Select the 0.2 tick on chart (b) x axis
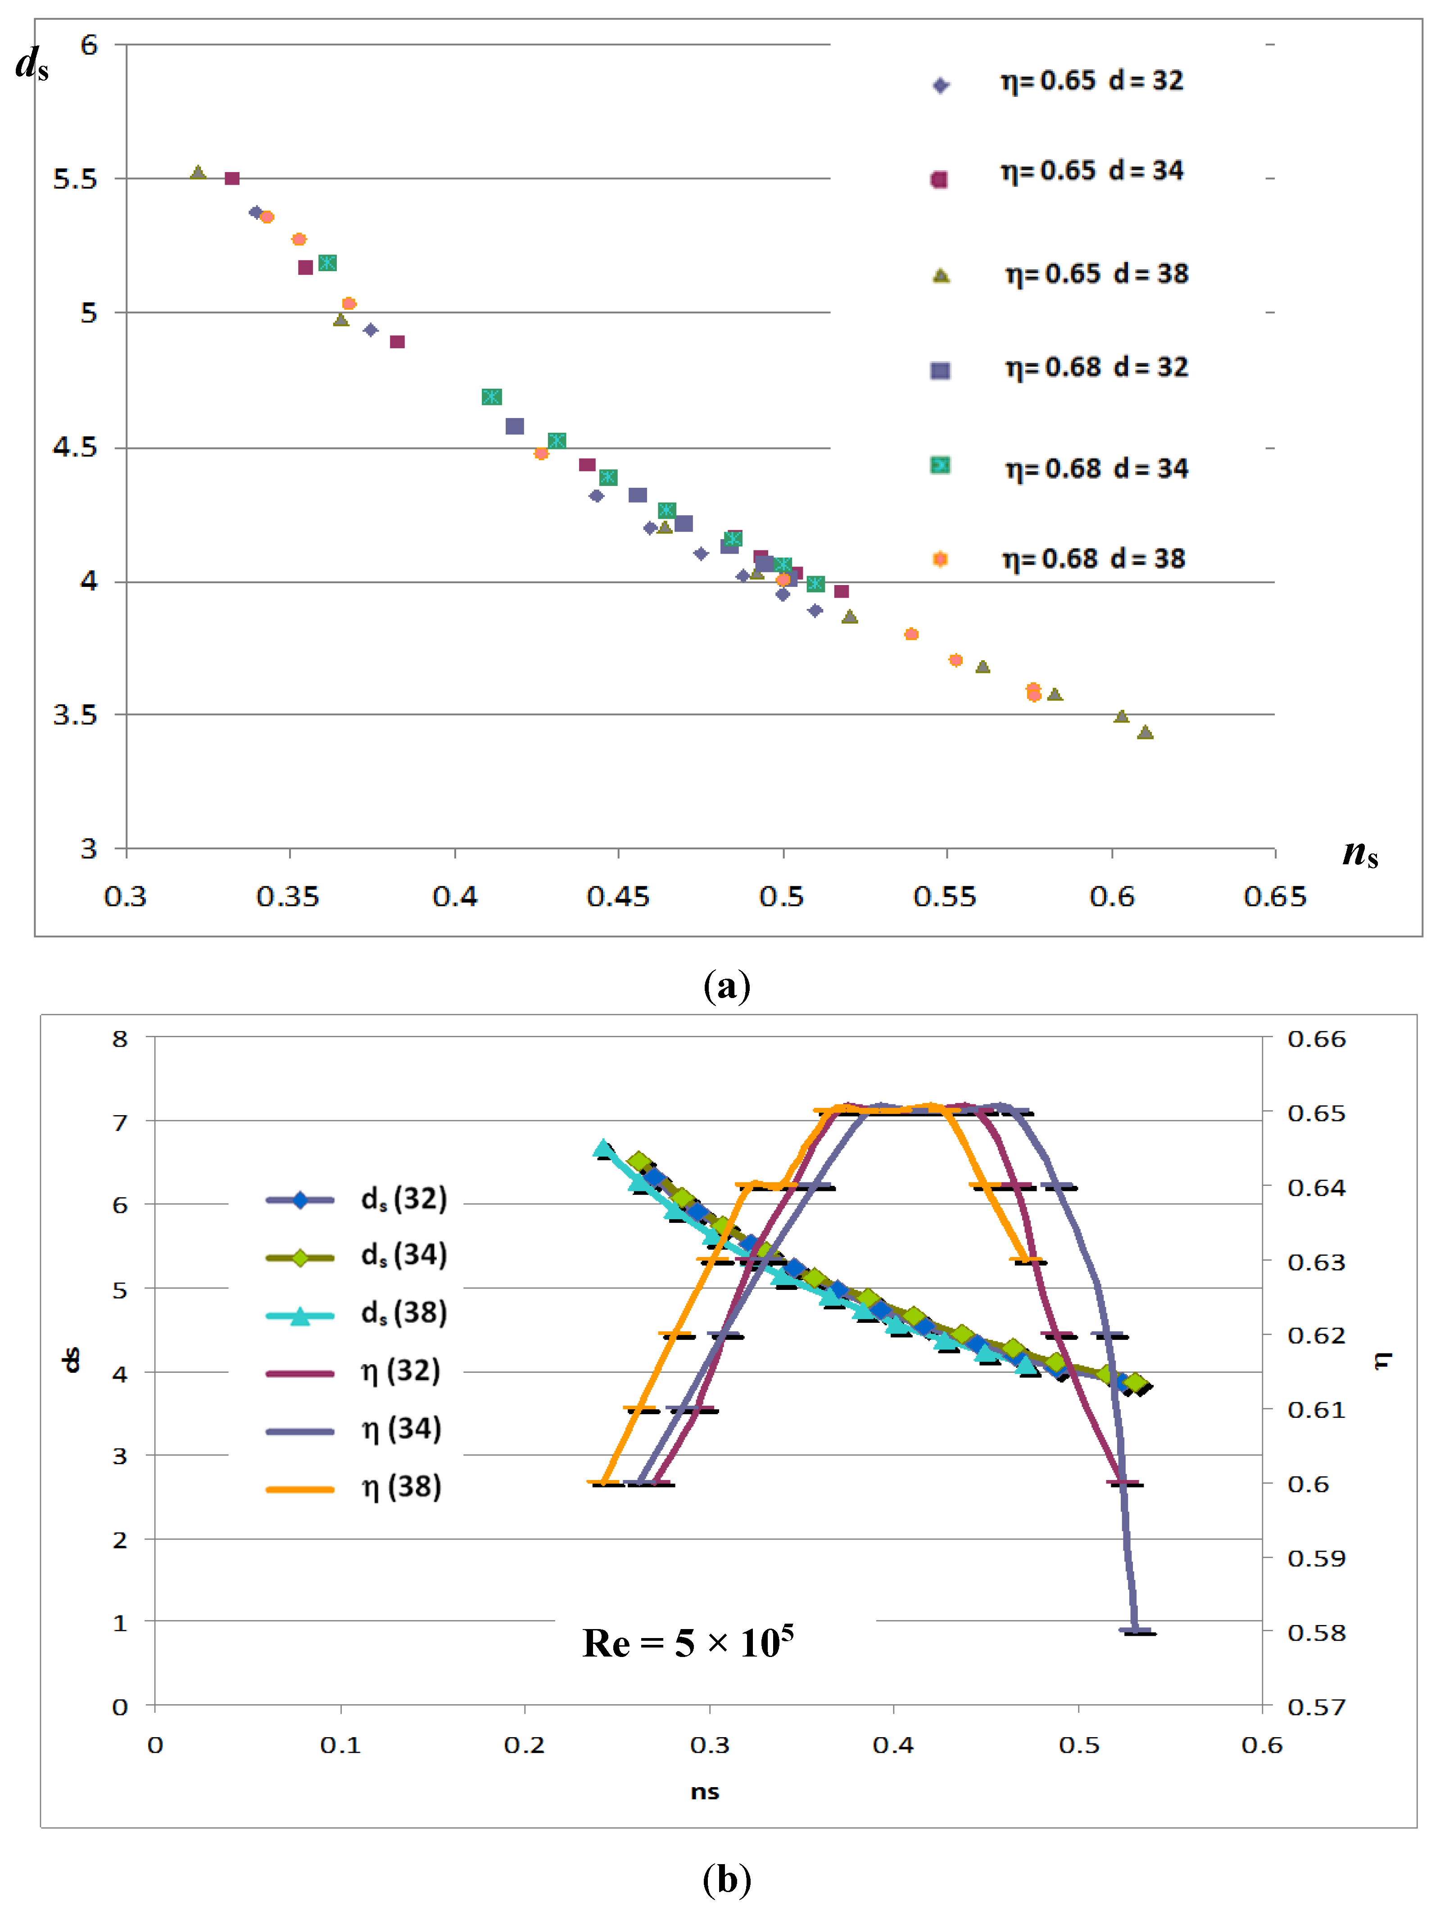[524, 1745]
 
